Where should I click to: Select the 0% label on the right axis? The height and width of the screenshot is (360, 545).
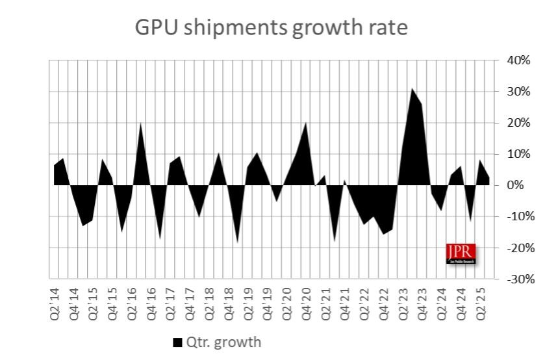[519, 185]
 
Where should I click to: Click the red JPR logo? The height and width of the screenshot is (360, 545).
[461, 253]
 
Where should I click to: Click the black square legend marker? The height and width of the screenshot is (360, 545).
[177, 342]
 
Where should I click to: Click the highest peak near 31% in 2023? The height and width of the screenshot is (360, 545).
[412, 88]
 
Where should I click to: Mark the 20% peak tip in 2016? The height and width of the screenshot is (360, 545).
[141, 123]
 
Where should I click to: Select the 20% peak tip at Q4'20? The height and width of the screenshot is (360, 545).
[306, 123]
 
